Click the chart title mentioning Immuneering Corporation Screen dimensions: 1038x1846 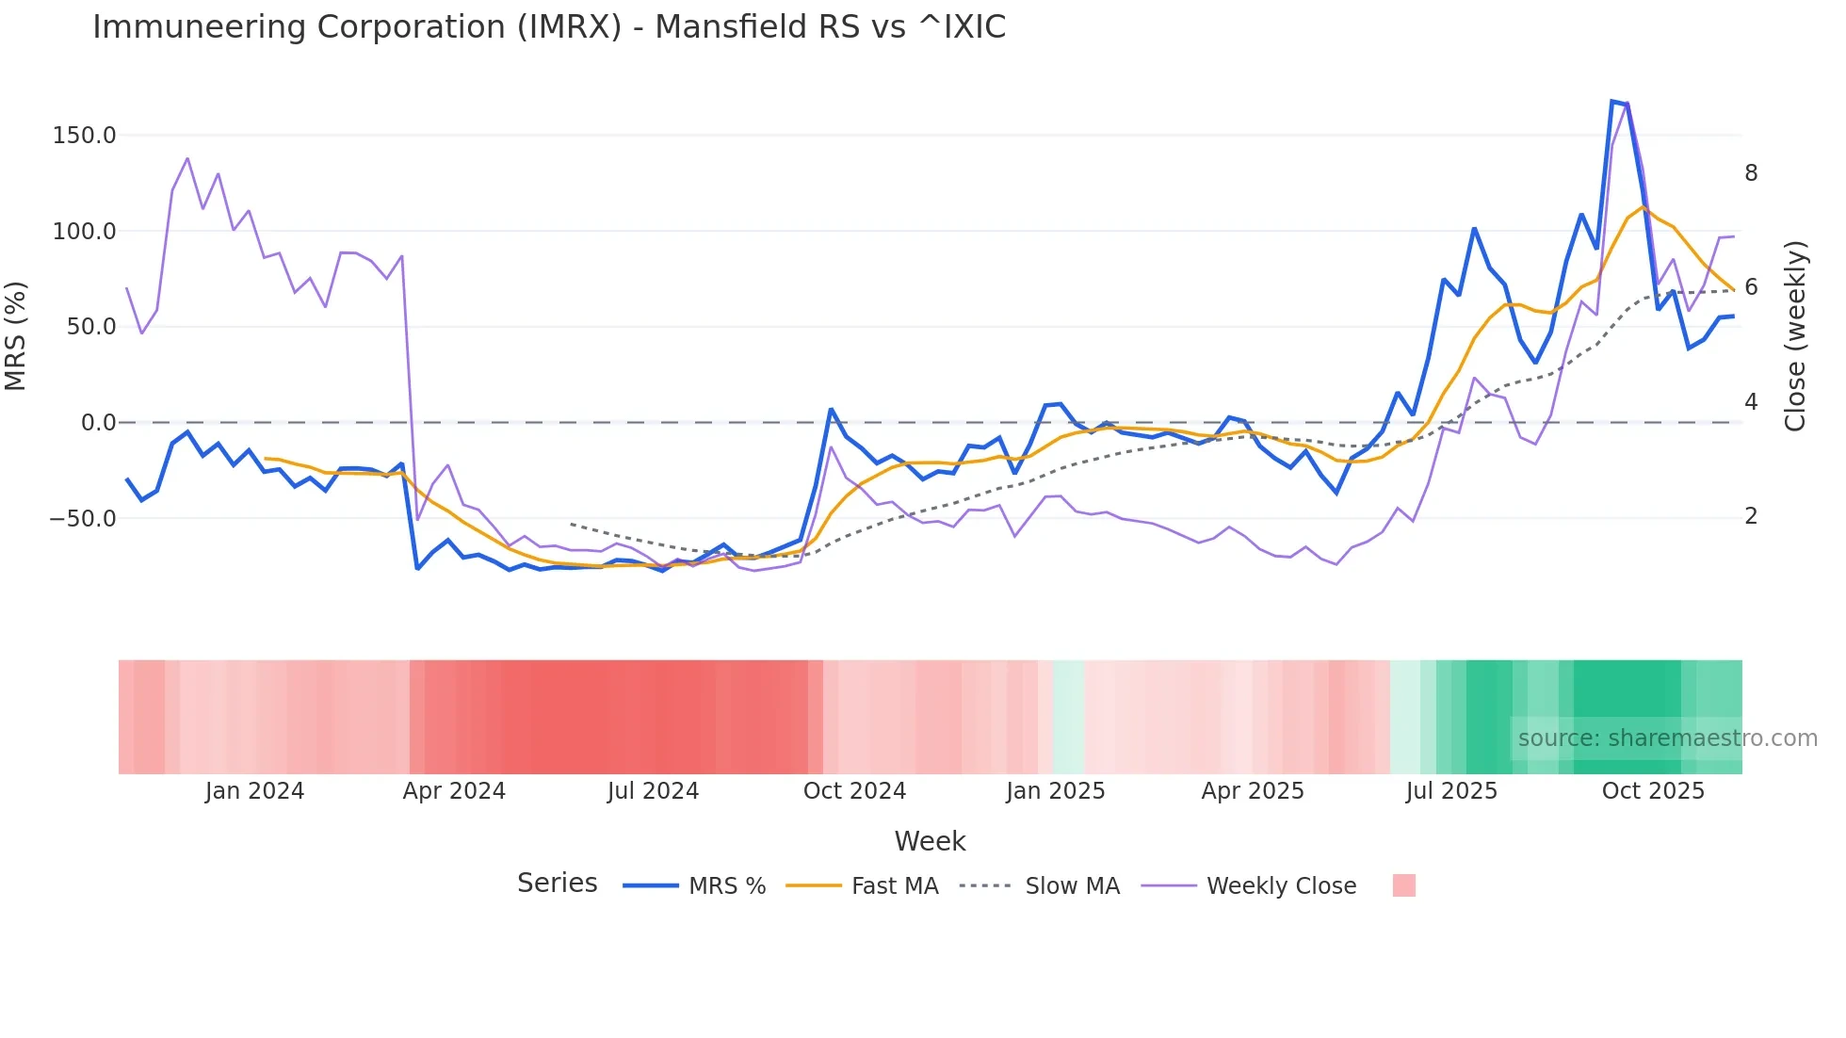tap(549, 27)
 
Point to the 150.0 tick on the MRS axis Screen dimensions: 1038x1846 tap(85, 136)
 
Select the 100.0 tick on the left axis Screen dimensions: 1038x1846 tap(85, 232)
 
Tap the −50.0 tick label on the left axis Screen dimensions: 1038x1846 tap(83, 519)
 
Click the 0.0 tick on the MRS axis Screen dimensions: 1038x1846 tap(98, 423)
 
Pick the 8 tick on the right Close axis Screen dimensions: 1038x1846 tap(1751, 173)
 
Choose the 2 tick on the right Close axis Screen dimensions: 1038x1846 tap(1751, 516)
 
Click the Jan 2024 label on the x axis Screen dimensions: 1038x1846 tap(254, 791)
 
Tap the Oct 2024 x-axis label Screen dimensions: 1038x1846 tap(854, 791)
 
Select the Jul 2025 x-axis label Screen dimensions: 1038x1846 tap(1451, 791)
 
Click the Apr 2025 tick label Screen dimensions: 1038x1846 tap(1253, 791)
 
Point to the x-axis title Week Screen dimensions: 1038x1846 tap(930, 841)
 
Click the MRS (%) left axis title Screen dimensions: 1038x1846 tap(16, 336)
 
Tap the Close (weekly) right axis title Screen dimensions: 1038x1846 tap(1795, 336)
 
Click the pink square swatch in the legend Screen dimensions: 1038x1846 tap(1403, 885)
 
